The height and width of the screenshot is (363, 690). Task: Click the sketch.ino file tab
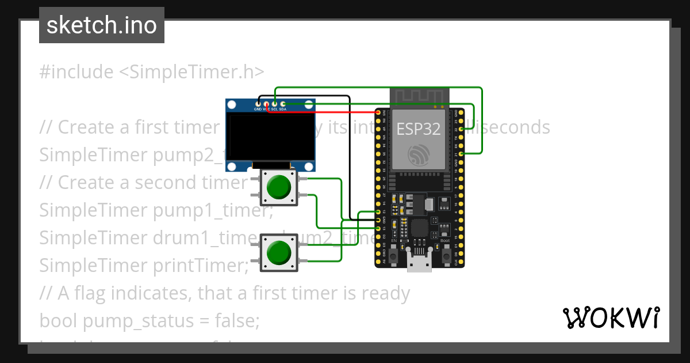click(x=102, y=25)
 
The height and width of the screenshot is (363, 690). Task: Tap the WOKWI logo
click(x=611, y=317)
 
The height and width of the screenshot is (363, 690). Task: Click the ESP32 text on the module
click(x=419, y=128)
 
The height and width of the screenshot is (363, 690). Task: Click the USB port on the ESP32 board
click(x=419, y=260)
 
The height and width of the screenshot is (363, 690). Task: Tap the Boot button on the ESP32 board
click(x=446, y=254)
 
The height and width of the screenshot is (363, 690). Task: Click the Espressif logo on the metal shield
click(x=419, y=154)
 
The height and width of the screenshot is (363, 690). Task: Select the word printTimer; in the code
click(x=201, y=266)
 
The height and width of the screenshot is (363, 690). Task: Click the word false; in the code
click(x=237, y=321)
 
